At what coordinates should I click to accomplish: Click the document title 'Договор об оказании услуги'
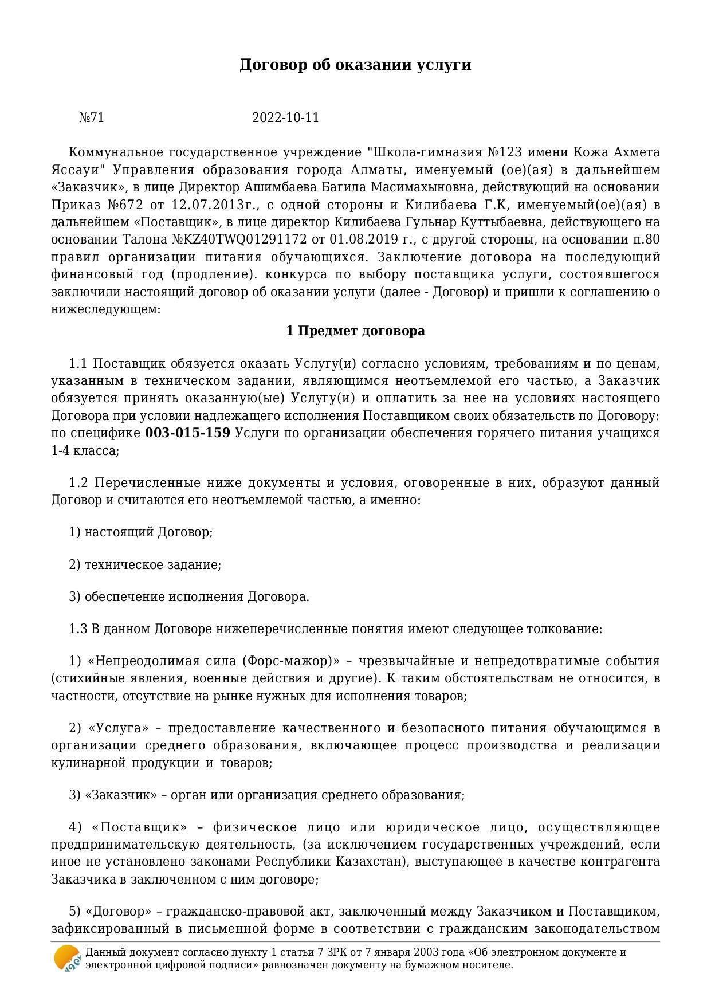point(355,65)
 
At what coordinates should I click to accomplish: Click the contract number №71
point(92,118)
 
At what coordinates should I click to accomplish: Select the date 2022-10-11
point(285,118)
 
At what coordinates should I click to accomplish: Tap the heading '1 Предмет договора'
point(355,331)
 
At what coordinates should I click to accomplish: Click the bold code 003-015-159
point(188,433)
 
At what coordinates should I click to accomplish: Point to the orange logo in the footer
point(67,958)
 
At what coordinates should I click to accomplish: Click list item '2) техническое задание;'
point(145,565)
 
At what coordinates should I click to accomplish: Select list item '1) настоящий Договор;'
point(141,532)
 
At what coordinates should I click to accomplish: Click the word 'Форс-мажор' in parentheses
point(289,661)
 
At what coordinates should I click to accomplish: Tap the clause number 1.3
point(78,629)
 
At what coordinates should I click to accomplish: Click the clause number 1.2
point(78,483)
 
